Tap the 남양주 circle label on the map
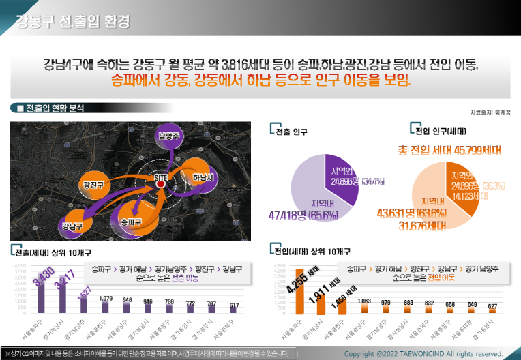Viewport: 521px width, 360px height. [x=168, y=136]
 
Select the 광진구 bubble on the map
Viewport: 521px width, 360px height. [x=93, y=184]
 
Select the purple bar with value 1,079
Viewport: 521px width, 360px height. [x=106, y=307]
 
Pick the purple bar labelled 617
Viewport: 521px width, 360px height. [x=233, y=310]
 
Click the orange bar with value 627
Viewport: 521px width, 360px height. [x=492, y=310]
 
